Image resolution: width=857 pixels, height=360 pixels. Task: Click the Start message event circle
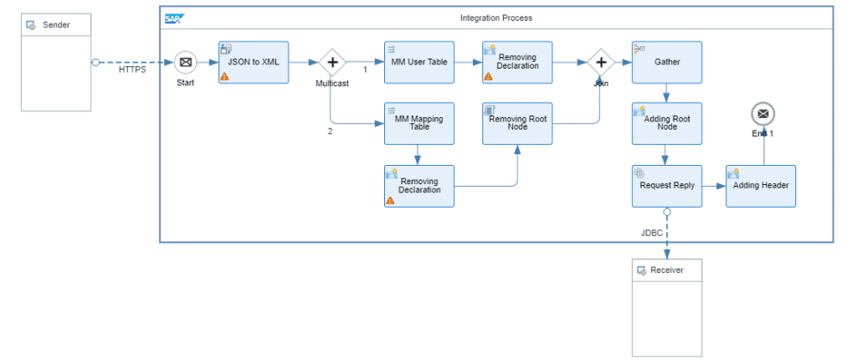tap(186, 62)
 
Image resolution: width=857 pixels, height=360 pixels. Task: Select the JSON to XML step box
tap(254, 62)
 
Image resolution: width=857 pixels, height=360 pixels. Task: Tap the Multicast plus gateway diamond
tap(332, 62)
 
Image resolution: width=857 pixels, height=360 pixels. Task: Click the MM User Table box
tap(419, 62)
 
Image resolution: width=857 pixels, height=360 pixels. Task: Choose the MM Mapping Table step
tap(419, 123)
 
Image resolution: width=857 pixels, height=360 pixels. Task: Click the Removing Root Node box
tap(517, 123)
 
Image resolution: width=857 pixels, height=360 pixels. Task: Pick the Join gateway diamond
tap(601, 62)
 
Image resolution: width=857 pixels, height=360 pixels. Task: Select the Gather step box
tap(667, 62)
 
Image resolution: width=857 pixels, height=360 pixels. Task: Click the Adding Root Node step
tap(667, 123)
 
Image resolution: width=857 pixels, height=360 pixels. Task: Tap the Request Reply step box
tap(667, 186)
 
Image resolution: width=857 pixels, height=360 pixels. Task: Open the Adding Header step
tap(761, 186)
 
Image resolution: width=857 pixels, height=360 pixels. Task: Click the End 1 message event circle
tap(763, 114)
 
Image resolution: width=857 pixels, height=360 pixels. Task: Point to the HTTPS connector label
tap(132, 69)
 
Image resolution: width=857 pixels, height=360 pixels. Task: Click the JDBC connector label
tap(651, 233)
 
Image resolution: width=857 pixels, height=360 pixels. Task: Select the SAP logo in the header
tap(174, 19)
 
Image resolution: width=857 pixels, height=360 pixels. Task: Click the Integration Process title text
tap(496, 18)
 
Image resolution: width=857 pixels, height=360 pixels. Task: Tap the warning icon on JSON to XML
tap(224, 77)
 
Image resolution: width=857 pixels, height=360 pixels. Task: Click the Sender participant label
tap(56, 25)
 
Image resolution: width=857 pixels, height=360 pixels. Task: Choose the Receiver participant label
tap(667, 270)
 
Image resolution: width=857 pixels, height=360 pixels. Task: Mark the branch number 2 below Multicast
tap(330, 131)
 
